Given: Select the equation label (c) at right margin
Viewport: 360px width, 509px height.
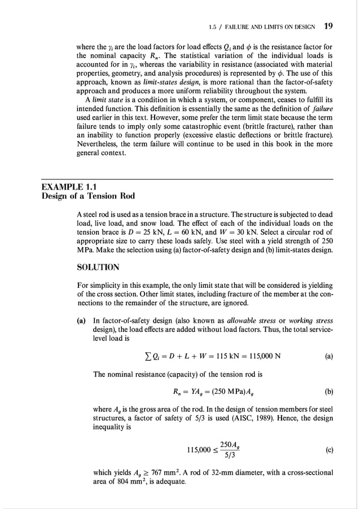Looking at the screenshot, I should [328, 450].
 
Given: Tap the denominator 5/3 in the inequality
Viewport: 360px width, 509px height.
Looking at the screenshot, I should [230, 456].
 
